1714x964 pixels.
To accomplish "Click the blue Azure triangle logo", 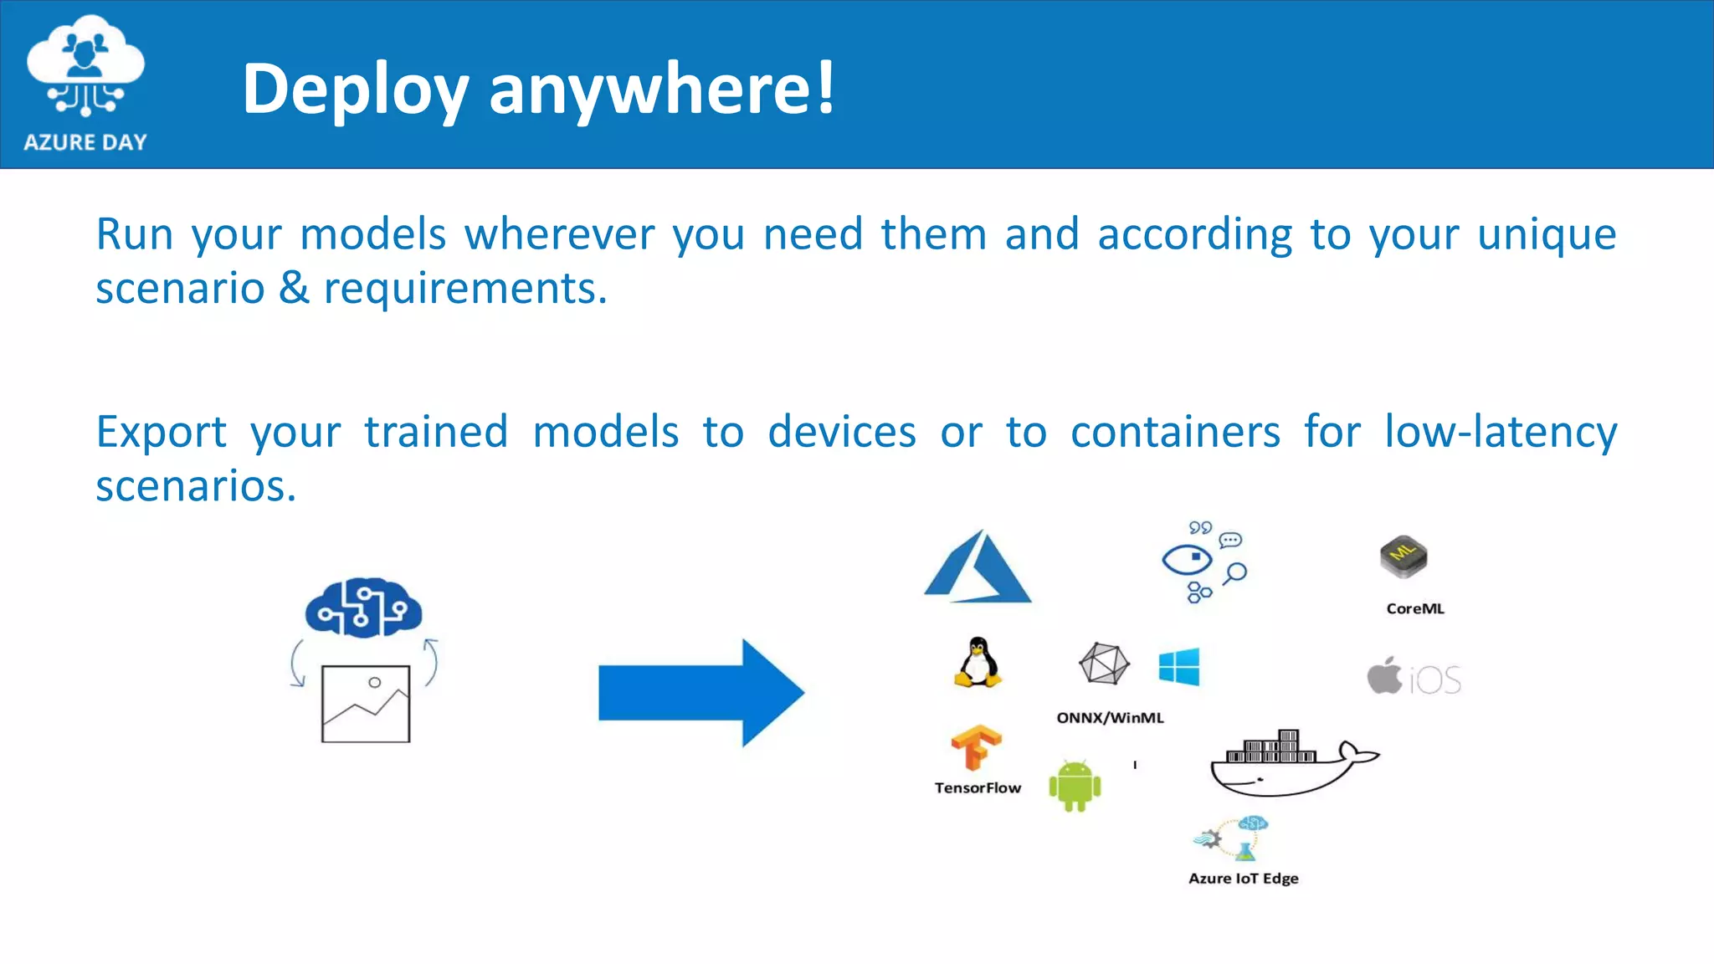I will click(978, 569).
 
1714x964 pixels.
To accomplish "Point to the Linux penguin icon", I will click(978, 662).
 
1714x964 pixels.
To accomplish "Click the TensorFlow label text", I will click(978, 787).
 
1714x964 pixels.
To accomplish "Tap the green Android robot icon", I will click(1075, 786).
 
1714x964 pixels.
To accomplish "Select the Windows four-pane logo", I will click(1179, 667).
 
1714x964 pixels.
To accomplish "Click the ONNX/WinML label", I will click(1110, 717).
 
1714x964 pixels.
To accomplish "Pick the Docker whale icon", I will click(1289, 763).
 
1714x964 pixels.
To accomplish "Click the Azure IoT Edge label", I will click(1243, 878).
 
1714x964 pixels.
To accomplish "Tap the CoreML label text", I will click(1415, 608).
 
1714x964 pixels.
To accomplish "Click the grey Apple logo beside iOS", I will click(1384, 676).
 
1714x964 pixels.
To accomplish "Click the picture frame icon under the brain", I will click(366, 704).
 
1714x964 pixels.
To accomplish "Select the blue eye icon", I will click(1187, 559).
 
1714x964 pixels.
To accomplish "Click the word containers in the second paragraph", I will click(1175, 433).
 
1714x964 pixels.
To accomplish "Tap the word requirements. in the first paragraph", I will click(465, 290).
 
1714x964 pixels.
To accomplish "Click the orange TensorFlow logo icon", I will click(976, 746).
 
